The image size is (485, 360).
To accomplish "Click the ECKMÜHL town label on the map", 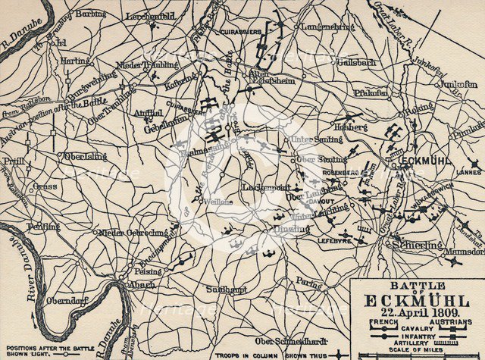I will point(436,161).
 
